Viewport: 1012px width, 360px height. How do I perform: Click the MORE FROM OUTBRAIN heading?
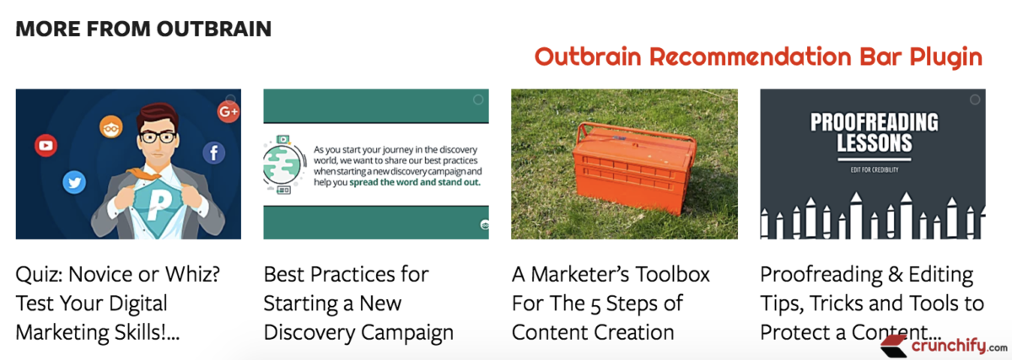pos(143,29)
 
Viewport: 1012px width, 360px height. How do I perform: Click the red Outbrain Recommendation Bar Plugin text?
pos(758,57)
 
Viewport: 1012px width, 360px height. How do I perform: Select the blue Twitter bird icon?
pos(74,183)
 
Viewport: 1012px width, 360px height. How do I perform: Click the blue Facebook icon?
pos(213,153)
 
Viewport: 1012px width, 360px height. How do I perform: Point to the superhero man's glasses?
pos(157,137)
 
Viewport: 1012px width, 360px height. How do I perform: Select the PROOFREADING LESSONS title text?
pos(873,132)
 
